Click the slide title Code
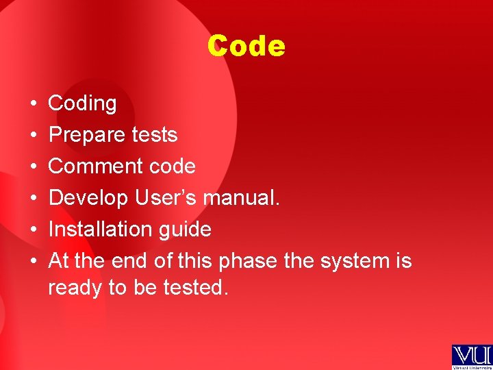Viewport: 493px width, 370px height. [x=246, y=47]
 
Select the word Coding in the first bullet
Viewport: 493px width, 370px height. [x=82, y=103]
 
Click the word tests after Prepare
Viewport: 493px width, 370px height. [x=155, y=135]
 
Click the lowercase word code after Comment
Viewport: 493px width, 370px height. [x=176, y=166]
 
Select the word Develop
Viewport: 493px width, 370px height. [x=88, y=198]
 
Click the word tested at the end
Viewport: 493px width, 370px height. [x=195, y=288]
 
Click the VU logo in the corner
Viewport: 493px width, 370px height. [x=471, y=356]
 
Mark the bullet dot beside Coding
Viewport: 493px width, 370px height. [x=33, y=104]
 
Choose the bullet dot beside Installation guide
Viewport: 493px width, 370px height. [x=33, y=230]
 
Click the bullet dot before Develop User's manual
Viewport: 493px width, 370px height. [x=33, y=199]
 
